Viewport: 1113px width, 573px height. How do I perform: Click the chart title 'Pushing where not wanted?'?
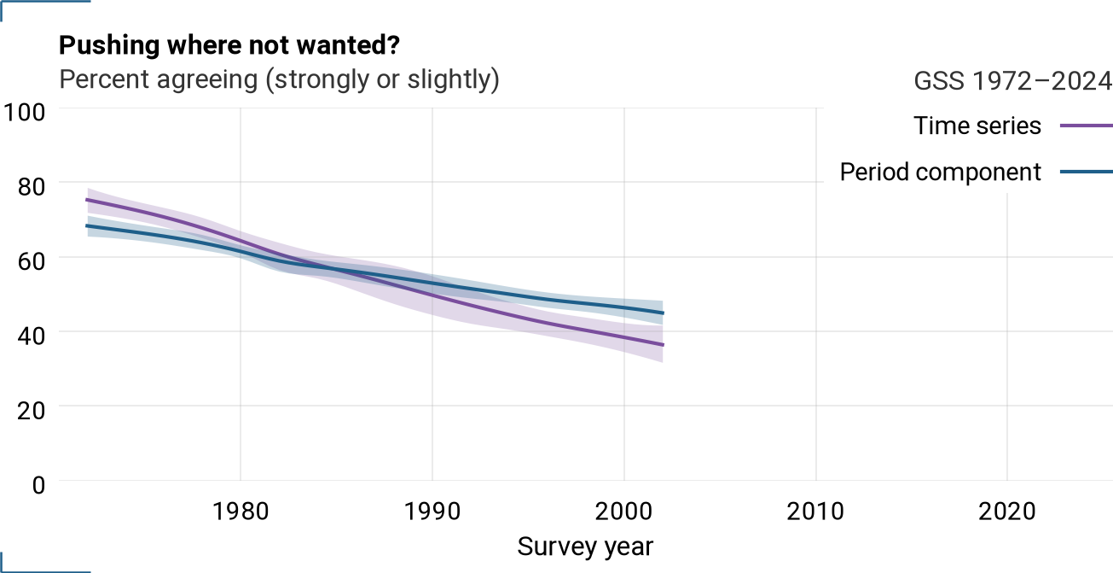click(229, 45)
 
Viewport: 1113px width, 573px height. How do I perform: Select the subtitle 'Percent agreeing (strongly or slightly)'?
click(279, 79)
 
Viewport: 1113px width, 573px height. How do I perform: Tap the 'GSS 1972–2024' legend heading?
click(1012, 81)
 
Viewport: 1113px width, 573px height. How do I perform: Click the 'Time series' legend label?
click(977, 126)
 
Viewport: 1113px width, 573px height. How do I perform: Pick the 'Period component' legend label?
click(940, 172)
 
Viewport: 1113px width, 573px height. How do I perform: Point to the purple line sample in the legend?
click(1087, 126)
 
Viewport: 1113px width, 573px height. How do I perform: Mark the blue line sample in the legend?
click(1087, 172)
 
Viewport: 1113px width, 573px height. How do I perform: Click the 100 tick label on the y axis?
click(24, 112)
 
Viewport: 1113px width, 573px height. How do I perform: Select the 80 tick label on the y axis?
click(31, 186)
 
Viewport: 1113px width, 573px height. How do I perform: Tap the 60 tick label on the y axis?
click(31, 261)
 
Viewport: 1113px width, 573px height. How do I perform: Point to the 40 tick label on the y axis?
click(31, 336)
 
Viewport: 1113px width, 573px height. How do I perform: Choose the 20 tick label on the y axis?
click(31, 411)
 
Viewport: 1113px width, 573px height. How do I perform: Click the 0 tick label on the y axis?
click(38, 485)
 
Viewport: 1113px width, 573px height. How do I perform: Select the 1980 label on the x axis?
click(241, 512)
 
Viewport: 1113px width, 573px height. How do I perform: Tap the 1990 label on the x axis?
click(432, 512)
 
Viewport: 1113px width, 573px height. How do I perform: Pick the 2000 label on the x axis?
click(623, 512)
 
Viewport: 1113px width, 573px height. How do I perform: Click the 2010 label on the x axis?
click(815, 512)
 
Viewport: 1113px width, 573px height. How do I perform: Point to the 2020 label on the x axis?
click(1007, 512)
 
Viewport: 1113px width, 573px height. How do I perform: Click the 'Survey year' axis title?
click(585, 547)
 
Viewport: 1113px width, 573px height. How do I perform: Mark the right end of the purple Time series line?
click(663, 345)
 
